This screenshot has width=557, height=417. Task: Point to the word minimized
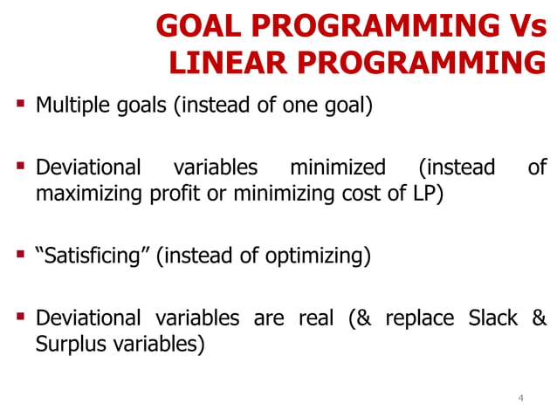[337, 167]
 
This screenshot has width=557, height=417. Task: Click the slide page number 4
[520, 399]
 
